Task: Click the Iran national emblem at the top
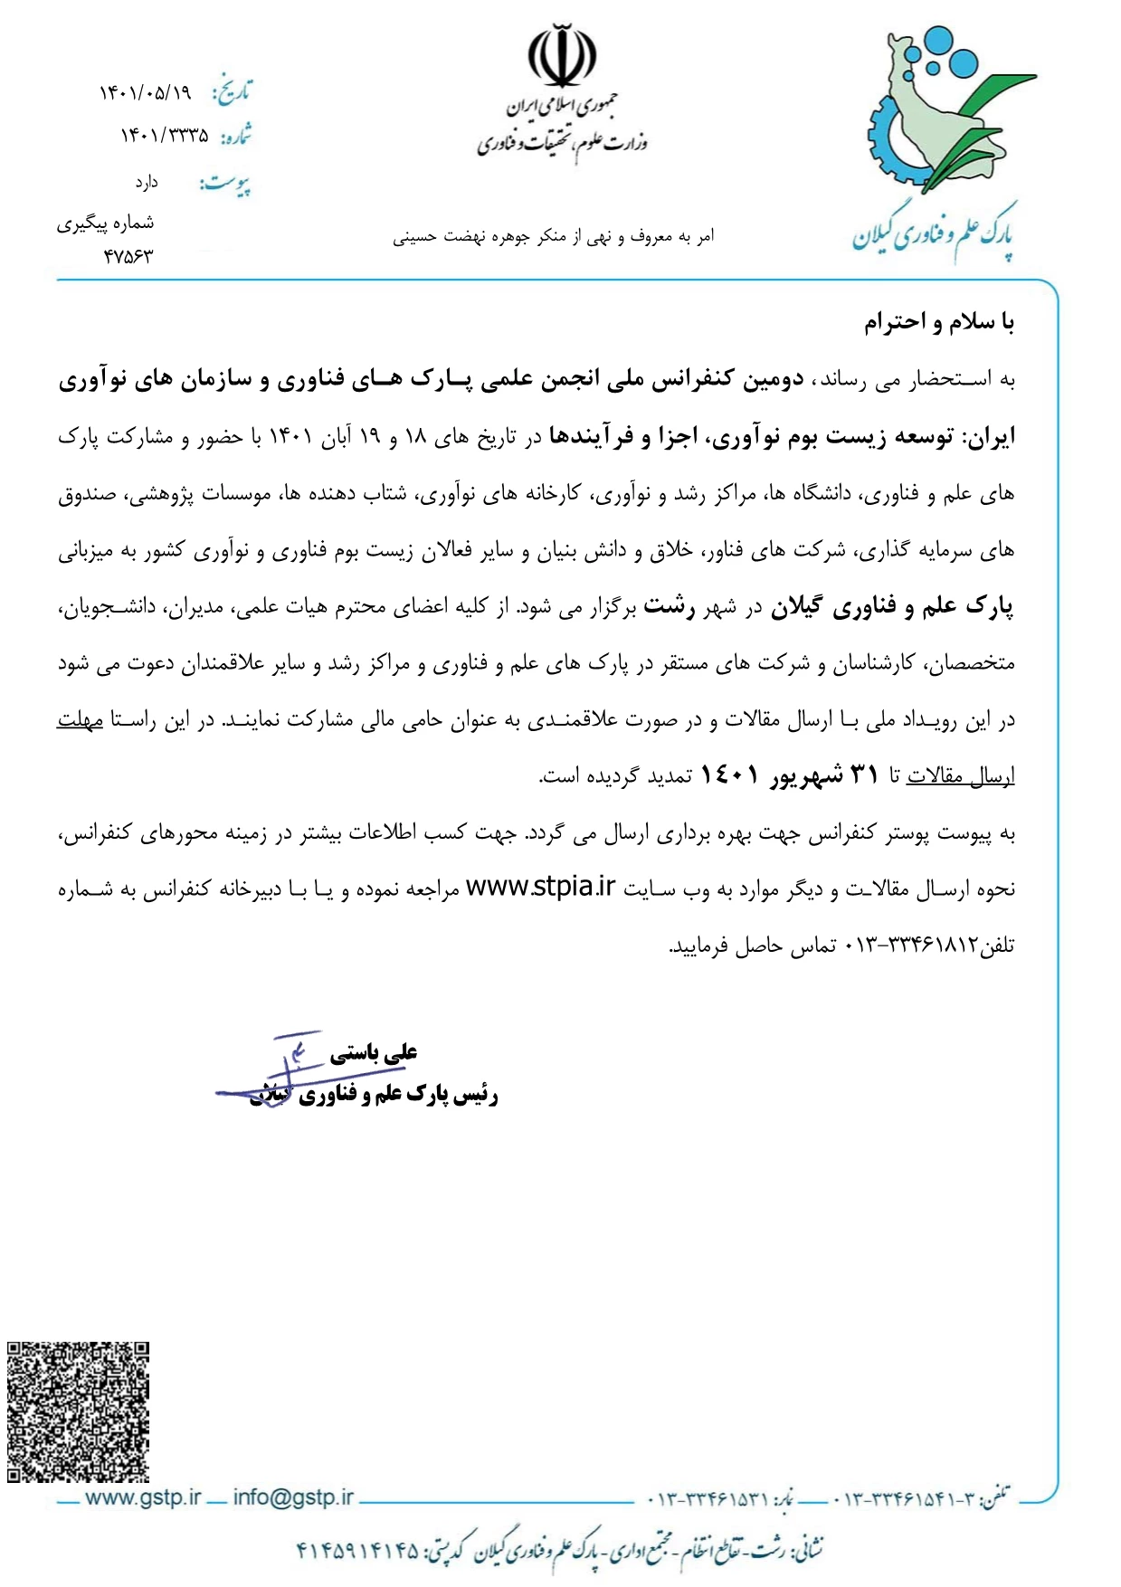[x=562, y=56]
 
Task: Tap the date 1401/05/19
[x=146, y=92]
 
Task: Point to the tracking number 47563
[x=128, y=256]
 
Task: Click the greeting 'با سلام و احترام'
[x=939, y=322]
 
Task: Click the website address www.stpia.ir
[x=540, y=888]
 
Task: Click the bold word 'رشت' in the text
[x=670, y=607]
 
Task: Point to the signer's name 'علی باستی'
[x=373, y=1052]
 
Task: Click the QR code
[x=78, y=1411]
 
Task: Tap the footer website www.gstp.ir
[x=142, y=1497]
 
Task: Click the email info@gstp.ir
[x=293, y=1497]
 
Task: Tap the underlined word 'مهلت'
[x=80, y=721]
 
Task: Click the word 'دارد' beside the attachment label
[x=147, y=183]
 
